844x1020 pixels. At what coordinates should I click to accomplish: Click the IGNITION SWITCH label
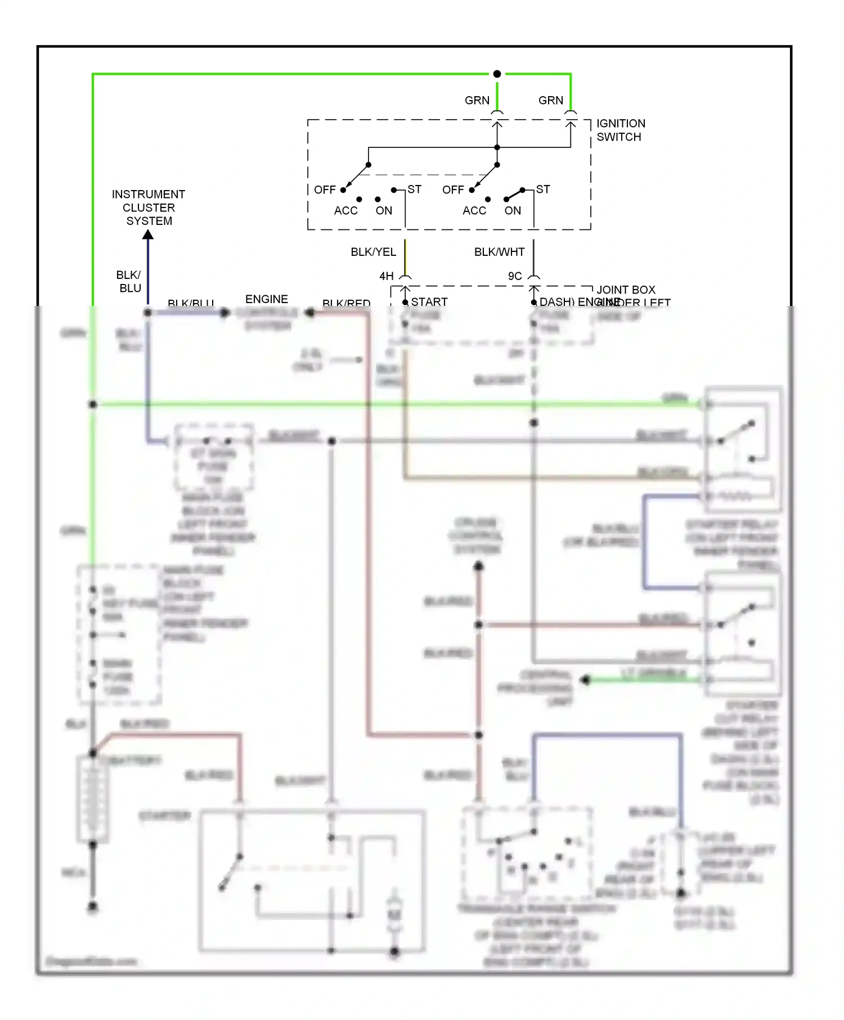point(620,130)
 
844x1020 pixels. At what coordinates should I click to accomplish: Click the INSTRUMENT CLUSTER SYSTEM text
point(149,207)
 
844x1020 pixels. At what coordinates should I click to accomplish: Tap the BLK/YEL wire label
point(373,252)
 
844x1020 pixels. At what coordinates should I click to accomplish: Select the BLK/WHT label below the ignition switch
point(499,252)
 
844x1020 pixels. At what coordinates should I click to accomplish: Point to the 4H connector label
point(387,276)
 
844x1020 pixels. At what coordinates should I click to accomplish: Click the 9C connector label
point(515,276)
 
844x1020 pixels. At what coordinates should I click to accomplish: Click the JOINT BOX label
point(626,290)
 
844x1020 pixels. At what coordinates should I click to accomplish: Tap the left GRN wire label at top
point(477,100)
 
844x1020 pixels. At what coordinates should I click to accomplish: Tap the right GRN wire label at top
point(550,100)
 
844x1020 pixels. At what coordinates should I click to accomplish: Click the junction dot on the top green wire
point(497,74)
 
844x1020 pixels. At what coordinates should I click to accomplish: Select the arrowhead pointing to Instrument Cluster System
point(148,234)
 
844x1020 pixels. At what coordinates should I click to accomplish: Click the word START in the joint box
point(429,302)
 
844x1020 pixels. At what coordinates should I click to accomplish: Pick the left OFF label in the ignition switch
point(325,190)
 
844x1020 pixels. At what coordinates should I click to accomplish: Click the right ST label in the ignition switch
point(543,189)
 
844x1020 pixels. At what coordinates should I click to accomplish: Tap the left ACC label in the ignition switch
point(345,210)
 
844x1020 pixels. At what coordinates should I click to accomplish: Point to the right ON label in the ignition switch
point(513,210)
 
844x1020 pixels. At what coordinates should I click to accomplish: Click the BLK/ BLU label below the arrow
point(129,281)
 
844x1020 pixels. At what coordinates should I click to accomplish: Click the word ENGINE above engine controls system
point(267,299)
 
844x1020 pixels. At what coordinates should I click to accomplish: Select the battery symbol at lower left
point(93,798)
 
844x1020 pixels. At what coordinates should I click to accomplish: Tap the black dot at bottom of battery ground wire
point(93,906)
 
